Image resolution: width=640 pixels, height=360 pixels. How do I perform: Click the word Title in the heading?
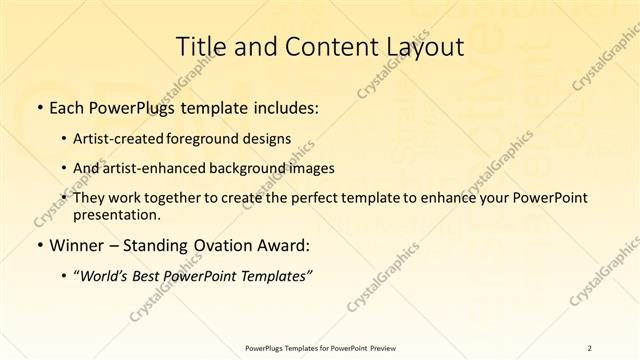coord(201,46)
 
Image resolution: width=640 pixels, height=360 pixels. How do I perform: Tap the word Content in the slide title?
coord(325,46)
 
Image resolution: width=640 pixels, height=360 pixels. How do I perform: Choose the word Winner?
coord(76,245)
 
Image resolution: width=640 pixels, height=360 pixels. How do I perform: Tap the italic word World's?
coord(103,275)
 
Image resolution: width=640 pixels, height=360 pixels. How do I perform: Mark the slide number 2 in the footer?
coord(589,347)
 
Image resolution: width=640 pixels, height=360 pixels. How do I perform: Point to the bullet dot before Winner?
coord(38,245)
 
